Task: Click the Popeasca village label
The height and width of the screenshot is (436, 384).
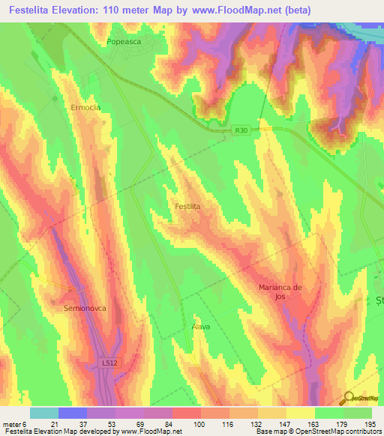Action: [124, 43]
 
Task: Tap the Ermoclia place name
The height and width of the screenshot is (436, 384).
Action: [85, 107]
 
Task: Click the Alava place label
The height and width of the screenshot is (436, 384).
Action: [200, 327]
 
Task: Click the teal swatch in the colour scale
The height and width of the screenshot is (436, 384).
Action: [44, 413]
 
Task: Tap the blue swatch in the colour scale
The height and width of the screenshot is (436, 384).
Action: [73, 413]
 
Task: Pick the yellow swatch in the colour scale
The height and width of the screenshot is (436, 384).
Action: [301, 413]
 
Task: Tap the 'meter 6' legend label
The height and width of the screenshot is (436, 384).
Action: [15, 423]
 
